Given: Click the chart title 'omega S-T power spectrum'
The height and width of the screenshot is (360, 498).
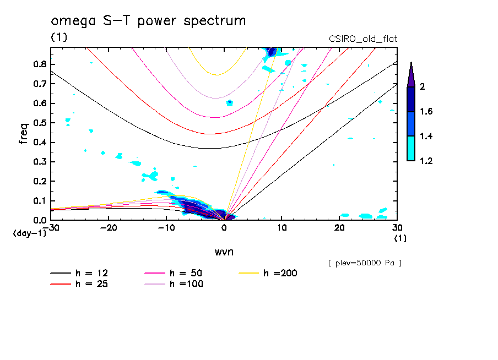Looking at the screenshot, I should pyautogui.click(x=148, y=21).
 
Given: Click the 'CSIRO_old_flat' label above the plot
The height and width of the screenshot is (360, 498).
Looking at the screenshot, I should pyautogui.click(x=362, y=39).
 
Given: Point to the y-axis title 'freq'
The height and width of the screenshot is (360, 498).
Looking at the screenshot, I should pyautogui.click(x=24, y=134).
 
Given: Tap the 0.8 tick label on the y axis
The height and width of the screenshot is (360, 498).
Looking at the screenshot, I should pyautogui.click(x=39, y=64).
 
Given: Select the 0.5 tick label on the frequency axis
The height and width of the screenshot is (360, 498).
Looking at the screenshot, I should pyautogui.click(x=39, y=123).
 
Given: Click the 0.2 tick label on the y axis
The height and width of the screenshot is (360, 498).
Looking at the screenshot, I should pyautogui.click(x=39, y=181).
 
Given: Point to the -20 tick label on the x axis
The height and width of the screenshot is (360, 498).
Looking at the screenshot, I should pyautogui.click(x=109, y=227).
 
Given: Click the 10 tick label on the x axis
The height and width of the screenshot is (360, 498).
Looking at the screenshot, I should pyautogui.click(x=282, y=227).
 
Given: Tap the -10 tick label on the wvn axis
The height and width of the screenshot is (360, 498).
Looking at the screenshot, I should pyautogui.click(x=166, y=227).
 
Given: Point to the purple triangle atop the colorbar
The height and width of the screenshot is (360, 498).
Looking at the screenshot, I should pyautogui.click(x=411, y=74).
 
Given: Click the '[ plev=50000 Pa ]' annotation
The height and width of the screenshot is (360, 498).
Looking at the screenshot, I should pyautogui.click(x=365, y=263).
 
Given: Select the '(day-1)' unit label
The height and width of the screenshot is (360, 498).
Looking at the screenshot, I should pyautogui.click(x=26, y=233).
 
